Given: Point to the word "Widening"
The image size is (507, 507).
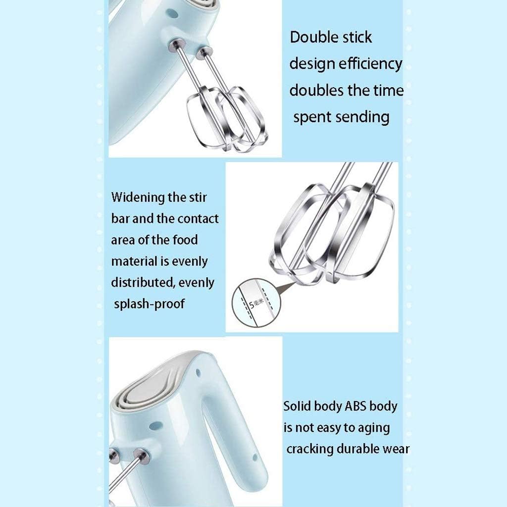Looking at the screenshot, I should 138,198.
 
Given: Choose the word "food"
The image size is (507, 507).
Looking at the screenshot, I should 185,240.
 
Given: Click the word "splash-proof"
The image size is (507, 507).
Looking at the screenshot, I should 149,304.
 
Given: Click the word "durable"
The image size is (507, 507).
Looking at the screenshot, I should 361,449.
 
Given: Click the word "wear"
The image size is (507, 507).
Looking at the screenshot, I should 397,449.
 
